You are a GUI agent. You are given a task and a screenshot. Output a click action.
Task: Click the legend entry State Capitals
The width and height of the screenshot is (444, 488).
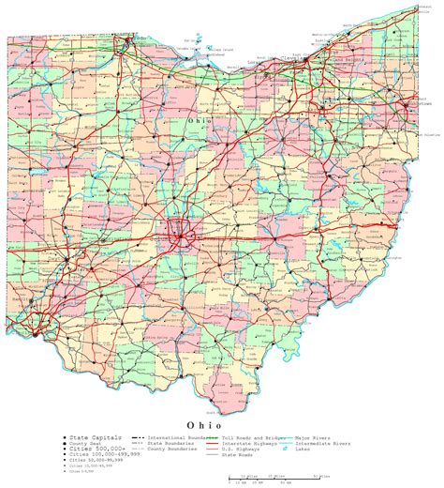pyautogui.click(x=88, y=438)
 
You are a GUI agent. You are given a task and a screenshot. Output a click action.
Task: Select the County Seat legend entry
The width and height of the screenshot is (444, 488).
pyautogui.click(x=85, y=444)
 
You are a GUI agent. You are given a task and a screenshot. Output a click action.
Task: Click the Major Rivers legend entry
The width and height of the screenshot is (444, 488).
pyautogui.click(x=314, y=438)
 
